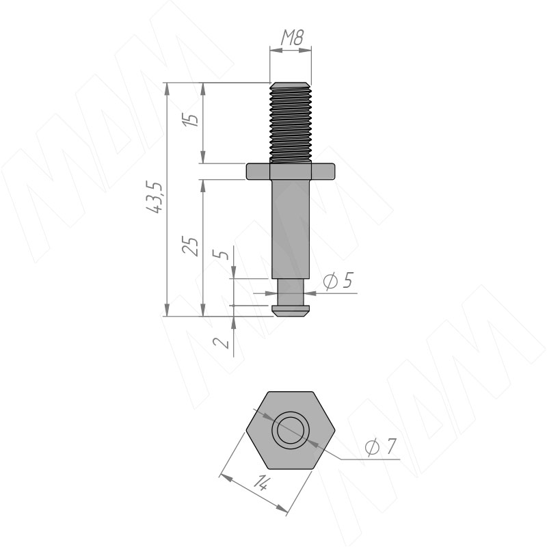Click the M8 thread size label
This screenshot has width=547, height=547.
(x=293, y=38)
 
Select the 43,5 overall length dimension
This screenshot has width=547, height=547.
(x=155, y=197)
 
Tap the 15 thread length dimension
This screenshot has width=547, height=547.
(x=191, y=119)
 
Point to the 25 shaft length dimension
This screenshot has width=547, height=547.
(x=191, y=246)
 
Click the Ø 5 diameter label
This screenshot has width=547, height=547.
(x=338, y=281)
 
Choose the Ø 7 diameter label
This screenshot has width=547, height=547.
(x=380, y=446)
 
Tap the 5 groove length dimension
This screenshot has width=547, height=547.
(x=221, y=253)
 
